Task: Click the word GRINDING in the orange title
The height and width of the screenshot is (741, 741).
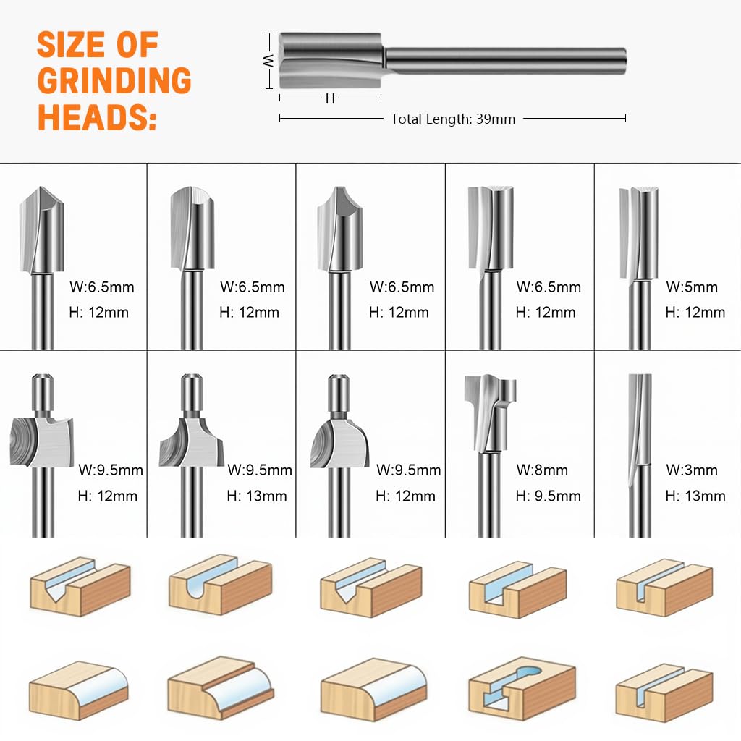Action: click(114, 81)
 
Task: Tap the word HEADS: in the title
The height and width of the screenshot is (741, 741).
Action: click(97, 117)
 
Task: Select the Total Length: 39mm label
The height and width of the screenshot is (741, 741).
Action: click(453, 119)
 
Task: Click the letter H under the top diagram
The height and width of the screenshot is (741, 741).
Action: click(330, 99)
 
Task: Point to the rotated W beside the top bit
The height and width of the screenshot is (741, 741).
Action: click(268, 61)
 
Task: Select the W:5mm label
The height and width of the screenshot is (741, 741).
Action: click(692, 287)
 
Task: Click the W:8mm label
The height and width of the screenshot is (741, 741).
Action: click(542, 470)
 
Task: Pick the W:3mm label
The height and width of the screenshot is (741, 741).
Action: click(692, 470)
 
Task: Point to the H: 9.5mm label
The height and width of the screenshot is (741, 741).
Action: click(548, 496)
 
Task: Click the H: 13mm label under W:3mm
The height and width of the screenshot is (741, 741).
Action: click(695, 496)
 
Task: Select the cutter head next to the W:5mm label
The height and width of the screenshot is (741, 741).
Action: click(639, 232)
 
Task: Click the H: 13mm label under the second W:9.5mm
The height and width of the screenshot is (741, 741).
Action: click(256, 496)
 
